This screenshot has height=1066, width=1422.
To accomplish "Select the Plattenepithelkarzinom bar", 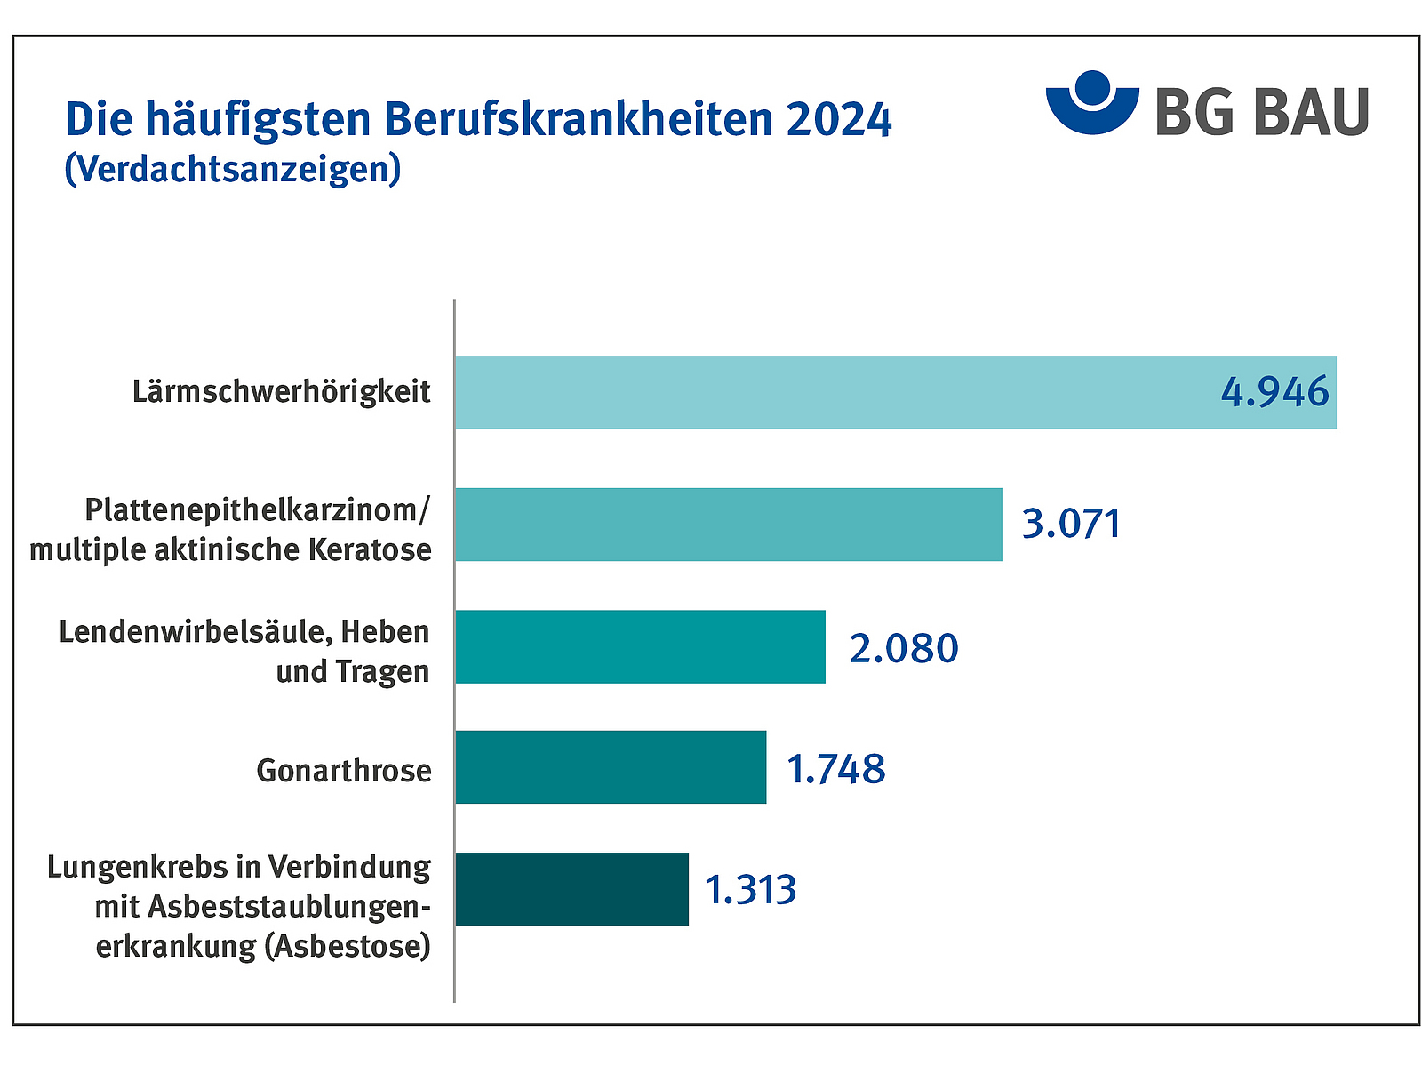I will [729, 525].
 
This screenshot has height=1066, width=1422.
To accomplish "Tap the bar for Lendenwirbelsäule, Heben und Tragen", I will [640, 646].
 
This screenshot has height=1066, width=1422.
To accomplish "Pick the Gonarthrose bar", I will [611, 767].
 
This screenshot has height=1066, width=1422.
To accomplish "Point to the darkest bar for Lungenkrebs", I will [571, 889].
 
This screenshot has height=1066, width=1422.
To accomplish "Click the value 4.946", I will [1274, 392].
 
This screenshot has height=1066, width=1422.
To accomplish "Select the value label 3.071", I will [1071, 524].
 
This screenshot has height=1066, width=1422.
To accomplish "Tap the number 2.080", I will [904, 648].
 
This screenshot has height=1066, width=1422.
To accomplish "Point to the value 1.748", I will [836, 769].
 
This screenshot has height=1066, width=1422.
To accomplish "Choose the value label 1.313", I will [751, 890].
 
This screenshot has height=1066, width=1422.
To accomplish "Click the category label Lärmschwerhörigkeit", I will [282, 392].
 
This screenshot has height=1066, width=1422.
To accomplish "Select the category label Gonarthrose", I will [344, 770].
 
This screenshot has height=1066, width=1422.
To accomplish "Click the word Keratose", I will [370, 549].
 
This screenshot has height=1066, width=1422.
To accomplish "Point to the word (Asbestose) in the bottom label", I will [348, 945].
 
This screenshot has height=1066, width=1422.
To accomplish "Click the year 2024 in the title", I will [838, 120].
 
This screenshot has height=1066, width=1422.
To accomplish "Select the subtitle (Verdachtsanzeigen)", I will [233, 169].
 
